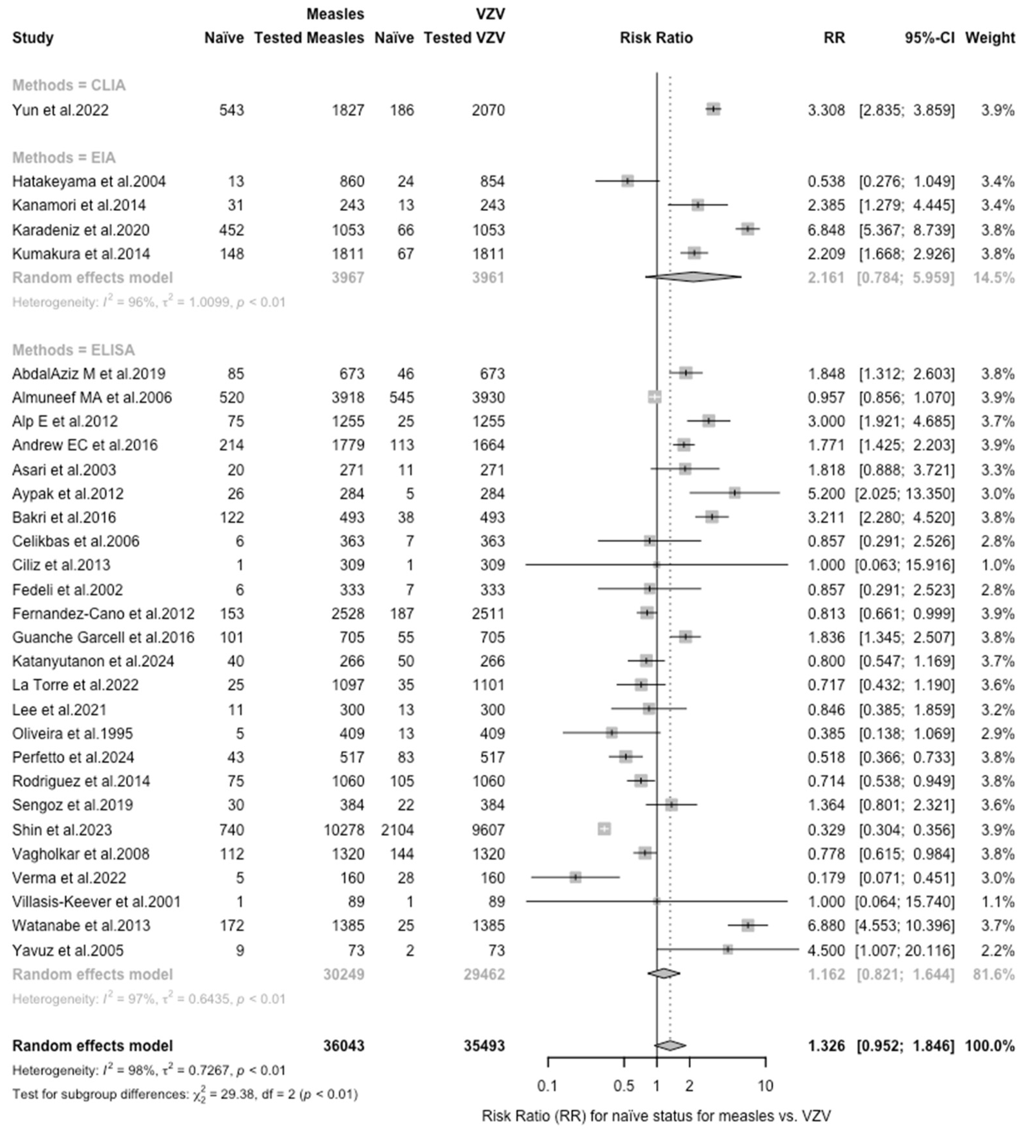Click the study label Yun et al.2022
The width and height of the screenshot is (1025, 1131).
61,110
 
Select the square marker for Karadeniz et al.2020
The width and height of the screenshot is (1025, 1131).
747,229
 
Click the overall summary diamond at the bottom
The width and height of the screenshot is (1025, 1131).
670,1045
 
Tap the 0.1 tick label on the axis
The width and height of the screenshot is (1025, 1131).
547,1086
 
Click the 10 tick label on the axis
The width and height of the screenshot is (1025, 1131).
765,1086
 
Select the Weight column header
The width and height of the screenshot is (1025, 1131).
990,38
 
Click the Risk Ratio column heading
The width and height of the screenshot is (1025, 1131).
656,38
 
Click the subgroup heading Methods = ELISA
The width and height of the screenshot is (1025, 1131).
73,350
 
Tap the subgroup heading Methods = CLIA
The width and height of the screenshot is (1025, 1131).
69,85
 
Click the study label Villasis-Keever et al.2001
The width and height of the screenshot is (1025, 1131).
96,902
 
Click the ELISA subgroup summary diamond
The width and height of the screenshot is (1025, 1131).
664,973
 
